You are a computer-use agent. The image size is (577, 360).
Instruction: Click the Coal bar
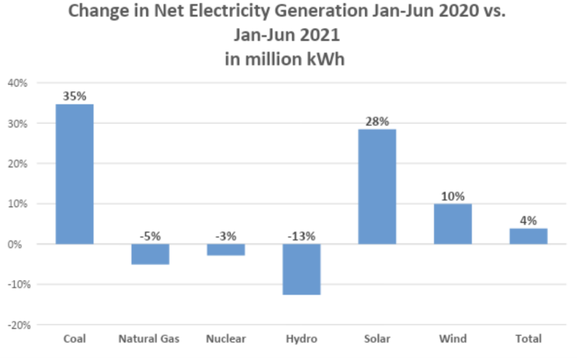[74, 174]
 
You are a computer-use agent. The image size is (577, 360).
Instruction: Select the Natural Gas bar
[150, 254]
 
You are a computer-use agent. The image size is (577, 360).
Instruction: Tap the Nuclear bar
[225, 250]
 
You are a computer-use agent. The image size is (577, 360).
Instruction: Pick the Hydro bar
[301, 269]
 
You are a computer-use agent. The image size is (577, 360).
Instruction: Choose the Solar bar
[377, 186]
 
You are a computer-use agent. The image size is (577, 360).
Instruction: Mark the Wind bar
[452, 224]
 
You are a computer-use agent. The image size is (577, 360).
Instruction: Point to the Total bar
[528, 236]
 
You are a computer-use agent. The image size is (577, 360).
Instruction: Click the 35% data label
[74, 96]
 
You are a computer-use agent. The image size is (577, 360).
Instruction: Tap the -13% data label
[301, 236]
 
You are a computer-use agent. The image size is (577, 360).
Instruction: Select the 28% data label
[377, 122]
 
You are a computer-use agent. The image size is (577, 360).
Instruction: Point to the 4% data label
[528, 220]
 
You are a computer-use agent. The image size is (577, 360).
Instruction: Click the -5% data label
[150, 236]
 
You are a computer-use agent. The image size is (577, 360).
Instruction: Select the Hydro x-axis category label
[301, 339]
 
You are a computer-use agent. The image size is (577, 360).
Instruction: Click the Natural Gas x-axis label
[149, 339]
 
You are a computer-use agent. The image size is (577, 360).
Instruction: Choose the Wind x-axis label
[452, 339]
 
